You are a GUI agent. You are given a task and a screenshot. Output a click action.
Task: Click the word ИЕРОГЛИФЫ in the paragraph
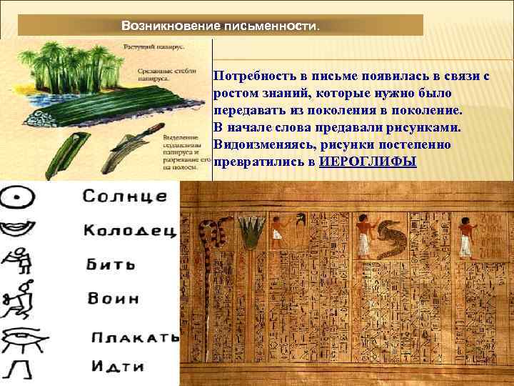pyautogui.click(x=368, y=162)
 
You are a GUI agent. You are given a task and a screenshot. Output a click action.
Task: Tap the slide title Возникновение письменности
pyautogui.click(x=221, y=26)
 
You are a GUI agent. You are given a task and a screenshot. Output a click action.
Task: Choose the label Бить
pyautogui.click(x=110, y=264)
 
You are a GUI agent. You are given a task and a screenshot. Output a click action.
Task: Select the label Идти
pyautogui.click(x=117, y=367)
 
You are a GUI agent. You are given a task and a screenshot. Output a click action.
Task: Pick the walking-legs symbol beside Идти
pyautogui.click(x=18, y=369)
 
